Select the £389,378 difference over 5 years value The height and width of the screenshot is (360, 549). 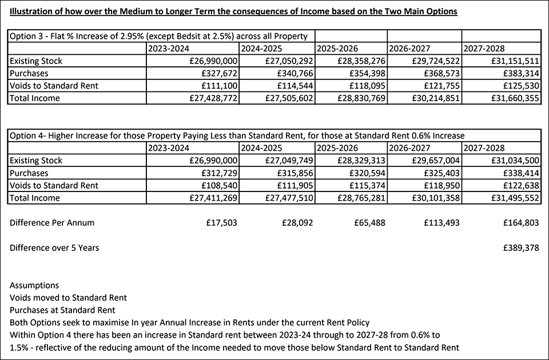coord(520,248)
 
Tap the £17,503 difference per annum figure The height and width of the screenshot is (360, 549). coord(221,223)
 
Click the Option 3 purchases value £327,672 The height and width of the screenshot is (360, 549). coord(216,74)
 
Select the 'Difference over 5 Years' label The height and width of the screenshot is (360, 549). coord(54,248)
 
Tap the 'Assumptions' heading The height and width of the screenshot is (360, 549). coord(34,285)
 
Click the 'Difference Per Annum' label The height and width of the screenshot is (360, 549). coord(52,223)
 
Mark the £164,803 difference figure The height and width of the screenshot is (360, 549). coord(520,223)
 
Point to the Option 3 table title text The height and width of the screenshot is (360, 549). coord(158,36)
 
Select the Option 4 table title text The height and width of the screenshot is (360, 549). coord(237,135)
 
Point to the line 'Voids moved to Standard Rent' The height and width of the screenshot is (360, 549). coord(68,298)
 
